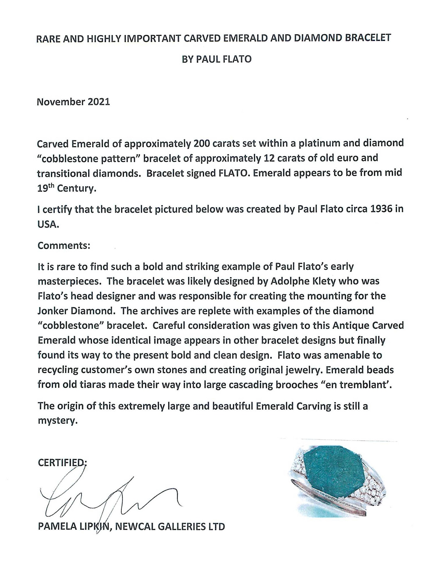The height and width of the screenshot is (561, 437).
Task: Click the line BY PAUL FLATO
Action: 216,59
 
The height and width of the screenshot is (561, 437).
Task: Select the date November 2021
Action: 73,102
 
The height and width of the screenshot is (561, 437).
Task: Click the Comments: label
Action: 64,245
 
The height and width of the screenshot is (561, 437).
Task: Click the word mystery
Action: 57,421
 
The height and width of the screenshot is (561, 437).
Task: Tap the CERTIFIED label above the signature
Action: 61,463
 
